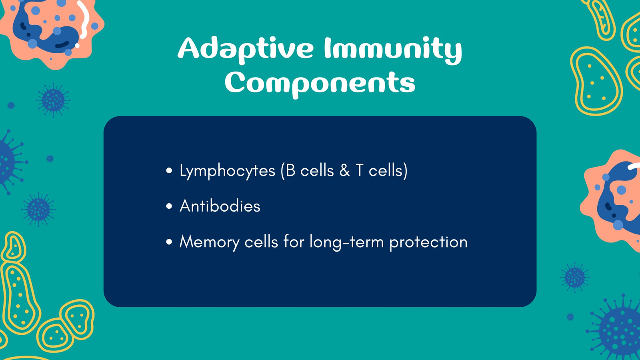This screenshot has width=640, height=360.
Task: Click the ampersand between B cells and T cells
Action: click(x=345, y=170)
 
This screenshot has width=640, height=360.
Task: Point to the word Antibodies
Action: click(x=220, y=206)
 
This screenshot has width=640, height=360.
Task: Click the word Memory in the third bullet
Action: click(x=209, y=242)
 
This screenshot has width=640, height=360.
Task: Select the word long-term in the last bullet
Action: click(x=346, y=242)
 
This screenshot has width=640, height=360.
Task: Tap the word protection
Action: click(x=428, y=242)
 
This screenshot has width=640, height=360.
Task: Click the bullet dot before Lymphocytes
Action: click(x=169, y=170)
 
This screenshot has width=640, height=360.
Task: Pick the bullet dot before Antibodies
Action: click(x=169, y=206)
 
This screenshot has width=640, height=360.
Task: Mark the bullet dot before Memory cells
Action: click(x=169, y=242)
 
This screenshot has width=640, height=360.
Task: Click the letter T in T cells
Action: click(x=360, y=170)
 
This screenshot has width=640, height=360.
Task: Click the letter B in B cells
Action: click(x=290, y=170)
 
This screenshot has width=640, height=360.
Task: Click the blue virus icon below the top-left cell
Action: click(x=53, y=100)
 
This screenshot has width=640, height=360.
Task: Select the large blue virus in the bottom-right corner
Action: click(x=617, y=328)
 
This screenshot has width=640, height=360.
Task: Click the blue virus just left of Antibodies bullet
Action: click(x=38, y=210)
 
